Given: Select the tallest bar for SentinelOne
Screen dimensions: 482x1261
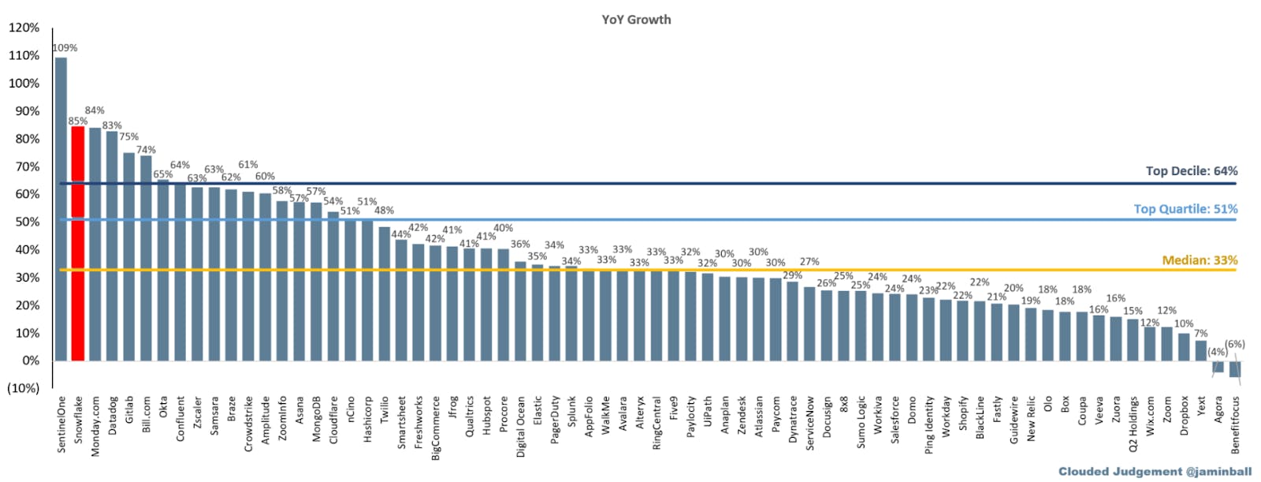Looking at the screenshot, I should click(61, 209).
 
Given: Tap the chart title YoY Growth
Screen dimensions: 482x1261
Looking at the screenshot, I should click(636, 20).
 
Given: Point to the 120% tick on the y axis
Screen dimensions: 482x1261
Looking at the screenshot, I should click(24, 28).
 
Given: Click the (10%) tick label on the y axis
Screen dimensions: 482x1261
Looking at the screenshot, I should click(23, 388).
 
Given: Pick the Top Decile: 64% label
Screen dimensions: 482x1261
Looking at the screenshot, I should click(1191, 171).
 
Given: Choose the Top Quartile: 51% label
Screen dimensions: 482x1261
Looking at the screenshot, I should click(1185, 209).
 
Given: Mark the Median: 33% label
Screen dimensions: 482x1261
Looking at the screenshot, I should click(1200, 260).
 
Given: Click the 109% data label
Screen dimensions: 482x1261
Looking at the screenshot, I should click(65, 48).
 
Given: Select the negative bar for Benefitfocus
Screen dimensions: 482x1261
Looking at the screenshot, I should click(1235, 369).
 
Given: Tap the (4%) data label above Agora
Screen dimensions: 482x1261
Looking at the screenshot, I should click(1218, 352).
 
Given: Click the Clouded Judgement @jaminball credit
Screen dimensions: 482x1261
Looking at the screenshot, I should click(1155, 472).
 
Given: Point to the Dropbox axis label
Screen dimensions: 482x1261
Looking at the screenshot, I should click(1184, 416).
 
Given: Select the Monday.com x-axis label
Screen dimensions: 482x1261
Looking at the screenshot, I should click(95, 426).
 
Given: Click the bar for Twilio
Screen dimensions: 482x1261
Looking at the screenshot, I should click(384, 293).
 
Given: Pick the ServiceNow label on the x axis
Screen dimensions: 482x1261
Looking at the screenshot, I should click(810, 424).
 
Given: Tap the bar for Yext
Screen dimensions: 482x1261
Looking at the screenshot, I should click(1200, 351).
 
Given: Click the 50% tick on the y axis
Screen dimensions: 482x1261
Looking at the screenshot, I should click(24, 222).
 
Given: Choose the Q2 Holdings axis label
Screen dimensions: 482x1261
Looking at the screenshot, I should click(1133, 424).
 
